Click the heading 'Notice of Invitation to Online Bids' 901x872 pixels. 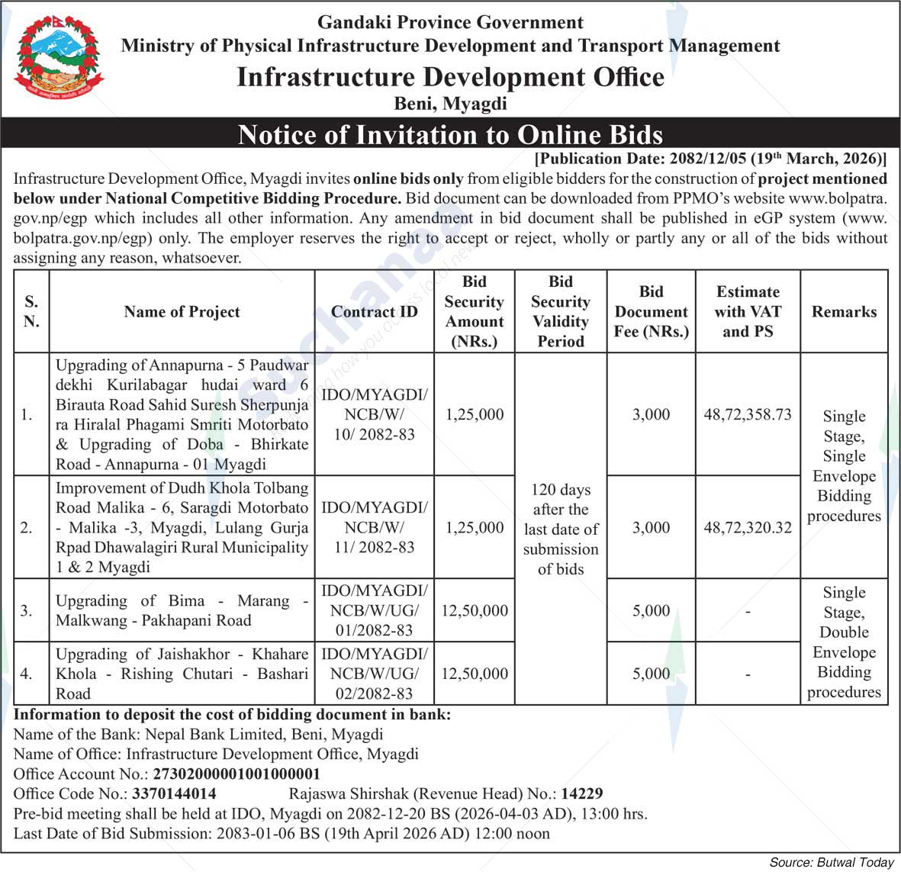click(x=450, y=135)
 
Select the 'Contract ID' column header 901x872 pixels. click(x=374, y=311)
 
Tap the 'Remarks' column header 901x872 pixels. click(x=844, y=311)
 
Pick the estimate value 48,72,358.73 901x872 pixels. click(x=748, y=414)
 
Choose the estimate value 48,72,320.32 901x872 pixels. click(x=748, y=527)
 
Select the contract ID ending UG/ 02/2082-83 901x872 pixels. click(x=374, y=674)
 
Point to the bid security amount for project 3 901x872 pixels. click(x=475, y=610)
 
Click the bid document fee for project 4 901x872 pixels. click(x=651, y=674)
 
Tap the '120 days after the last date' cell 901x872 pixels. click(x=561, y=529)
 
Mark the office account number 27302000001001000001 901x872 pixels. click(x=237, y=774)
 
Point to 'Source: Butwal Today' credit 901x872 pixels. click(x=831, y=862)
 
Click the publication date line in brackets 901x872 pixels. click(x=710, y=159)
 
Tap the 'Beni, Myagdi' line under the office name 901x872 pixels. click(x=450, y=103)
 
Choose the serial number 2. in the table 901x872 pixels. click(x=27, y=527)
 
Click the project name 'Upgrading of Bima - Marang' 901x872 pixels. click(x=182, y=610)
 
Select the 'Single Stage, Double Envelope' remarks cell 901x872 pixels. click(x=844, y=642)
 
